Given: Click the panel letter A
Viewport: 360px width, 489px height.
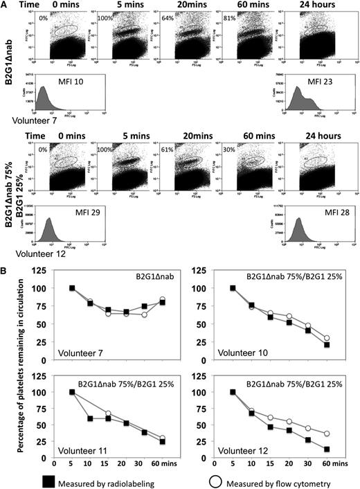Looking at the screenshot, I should pyautogui.click(x=6, y=6).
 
